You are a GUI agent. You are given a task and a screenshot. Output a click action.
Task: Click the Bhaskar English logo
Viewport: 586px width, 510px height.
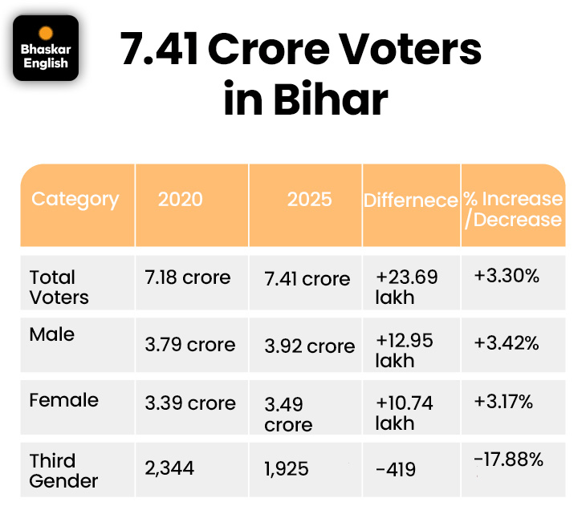(46, 48)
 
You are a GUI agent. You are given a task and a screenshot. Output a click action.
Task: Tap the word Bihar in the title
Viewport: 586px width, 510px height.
(330, 100)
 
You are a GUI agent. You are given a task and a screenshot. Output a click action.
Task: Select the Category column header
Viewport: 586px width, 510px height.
(75, 199)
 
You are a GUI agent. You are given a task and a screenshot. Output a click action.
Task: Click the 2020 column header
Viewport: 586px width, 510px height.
(181, 199)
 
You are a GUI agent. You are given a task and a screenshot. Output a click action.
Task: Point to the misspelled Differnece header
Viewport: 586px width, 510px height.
(410, 200)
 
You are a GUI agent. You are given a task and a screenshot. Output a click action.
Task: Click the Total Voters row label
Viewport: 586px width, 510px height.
(59, 287)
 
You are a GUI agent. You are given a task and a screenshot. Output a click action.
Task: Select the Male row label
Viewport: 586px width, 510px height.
(52, 334)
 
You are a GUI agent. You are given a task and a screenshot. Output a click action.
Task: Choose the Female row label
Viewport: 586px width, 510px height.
(64, 399)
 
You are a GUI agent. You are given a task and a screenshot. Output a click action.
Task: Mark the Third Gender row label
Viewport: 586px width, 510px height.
(63, 471)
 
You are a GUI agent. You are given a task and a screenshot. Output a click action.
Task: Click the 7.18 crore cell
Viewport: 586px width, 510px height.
(188, 277)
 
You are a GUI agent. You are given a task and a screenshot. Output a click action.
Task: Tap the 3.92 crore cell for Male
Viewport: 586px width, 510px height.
(309, 346)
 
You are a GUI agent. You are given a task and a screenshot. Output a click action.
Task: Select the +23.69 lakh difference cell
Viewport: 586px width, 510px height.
(406, 286)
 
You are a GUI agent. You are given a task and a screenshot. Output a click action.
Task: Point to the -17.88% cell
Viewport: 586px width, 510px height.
(509, 460)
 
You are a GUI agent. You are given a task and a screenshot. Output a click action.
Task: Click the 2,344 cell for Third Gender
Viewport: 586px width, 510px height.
(169, 467)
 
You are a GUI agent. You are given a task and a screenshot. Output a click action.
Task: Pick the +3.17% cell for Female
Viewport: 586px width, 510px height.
(503, 401)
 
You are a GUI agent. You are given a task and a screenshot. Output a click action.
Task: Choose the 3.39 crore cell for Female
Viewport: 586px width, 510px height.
(190, 403)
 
